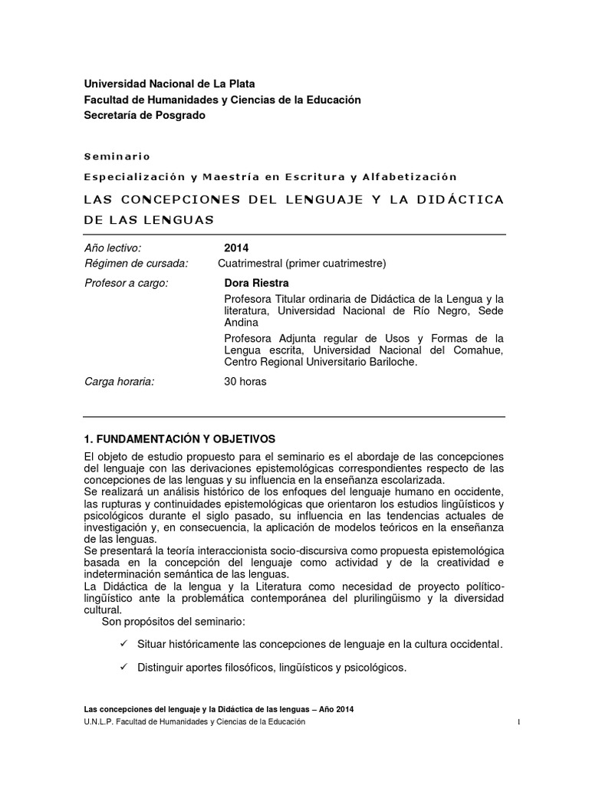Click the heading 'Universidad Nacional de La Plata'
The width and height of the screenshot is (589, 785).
pos(169,84)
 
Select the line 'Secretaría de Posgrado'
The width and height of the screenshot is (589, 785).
pos(145,115)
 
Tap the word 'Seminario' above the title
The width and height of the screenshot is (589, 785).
pos(117,156)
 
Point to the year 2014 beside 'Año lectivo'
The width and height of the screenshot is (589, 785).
pos(236,248)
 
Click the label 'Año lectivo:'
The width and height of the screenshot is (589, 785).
pos(113,248)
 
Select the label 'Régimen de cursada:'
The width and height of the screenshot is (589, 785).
pos(136,264)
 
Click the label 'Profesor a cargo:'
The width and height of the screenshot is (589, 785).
pos(126,283)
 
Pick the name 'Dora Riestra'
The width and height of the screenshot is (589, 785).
pos(256,283)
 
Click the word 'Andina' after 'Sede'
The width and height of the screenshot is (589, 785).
pos(241,323)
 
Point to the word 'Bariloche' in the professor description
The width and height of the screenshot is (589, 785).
pos(390,363)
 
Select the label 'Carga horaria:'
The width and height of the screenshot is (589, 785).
pos(119,382)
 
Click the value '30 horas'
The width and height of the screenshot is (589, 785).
pos(245,382)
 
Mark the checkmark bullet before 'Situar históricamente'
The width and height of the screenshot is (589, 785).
pos(123,644)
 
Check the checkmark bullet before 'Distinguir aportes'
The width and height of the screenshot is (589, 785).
pos(123,668)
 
